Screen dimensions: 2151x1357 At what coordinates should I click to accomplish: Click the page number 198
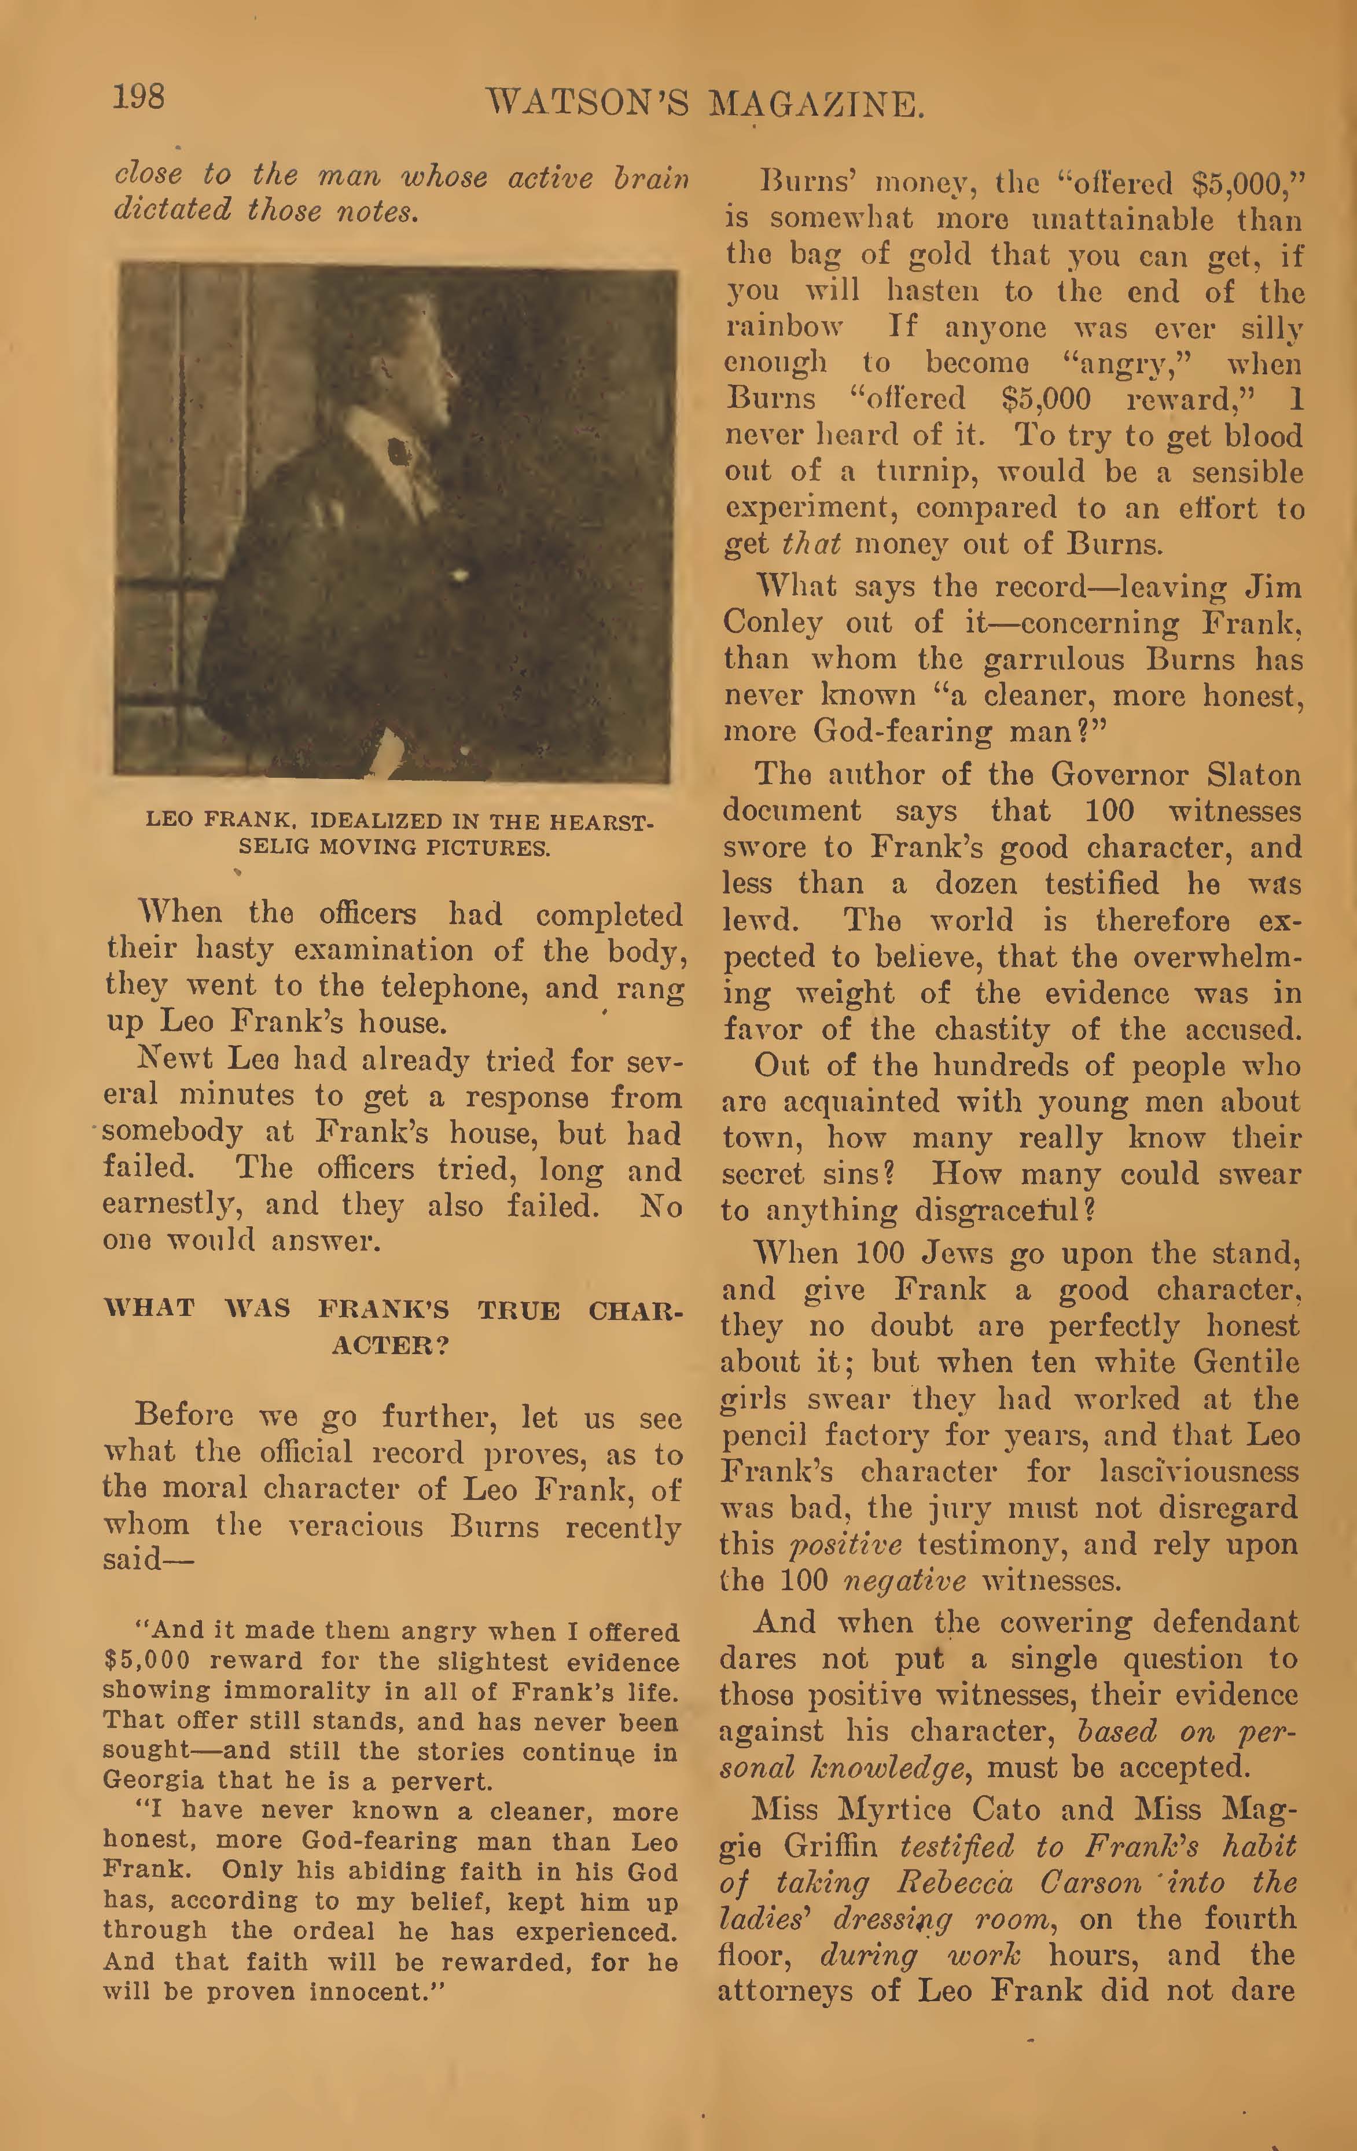pos(138,95)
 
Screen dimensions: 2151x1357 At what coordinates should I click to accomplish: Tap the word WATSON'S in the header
pos(586,105)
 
